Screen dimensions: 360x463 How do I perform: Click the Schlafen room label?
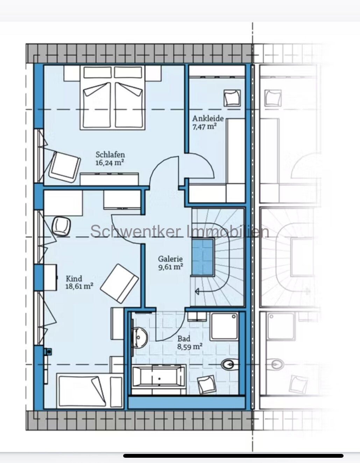pyautogui.click(x=110, y=154)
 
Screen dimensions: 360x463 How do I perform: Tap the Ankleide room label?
pyautogui.click(x=208, y=118)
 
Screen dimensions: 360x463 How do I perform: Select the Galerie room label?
pyautogui.click(x=170, y=259)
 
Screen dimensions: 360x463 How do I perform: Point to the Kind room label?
pyautogui.click(x=74, y=278)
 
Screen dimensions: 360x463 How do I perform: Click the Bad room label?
pyautogui.click(x=184, y=339)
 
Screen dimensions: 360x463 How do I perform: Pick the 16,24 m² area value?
pyautogui.click(x=110, y=163)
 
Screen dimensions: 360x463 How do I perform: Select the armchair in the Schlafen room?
pyautogui.click(x=65, y=167)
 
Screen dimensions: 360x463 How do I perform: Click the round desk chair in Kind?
pyautogui.click(x=62, y=226)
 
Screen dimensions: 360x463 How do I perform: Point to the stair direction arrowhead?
pyautogui.click(x=197, y=291)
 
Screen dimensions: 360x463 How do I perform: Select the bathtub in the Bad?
pyautogui.click(x=159, y=378)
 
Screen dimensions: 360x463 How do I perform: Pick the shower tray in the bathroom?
pyautogui.click(x=224, y=327)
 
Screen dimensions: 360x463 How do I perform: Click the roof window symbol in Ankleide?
pyautogui.click(x=232, y=98)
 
